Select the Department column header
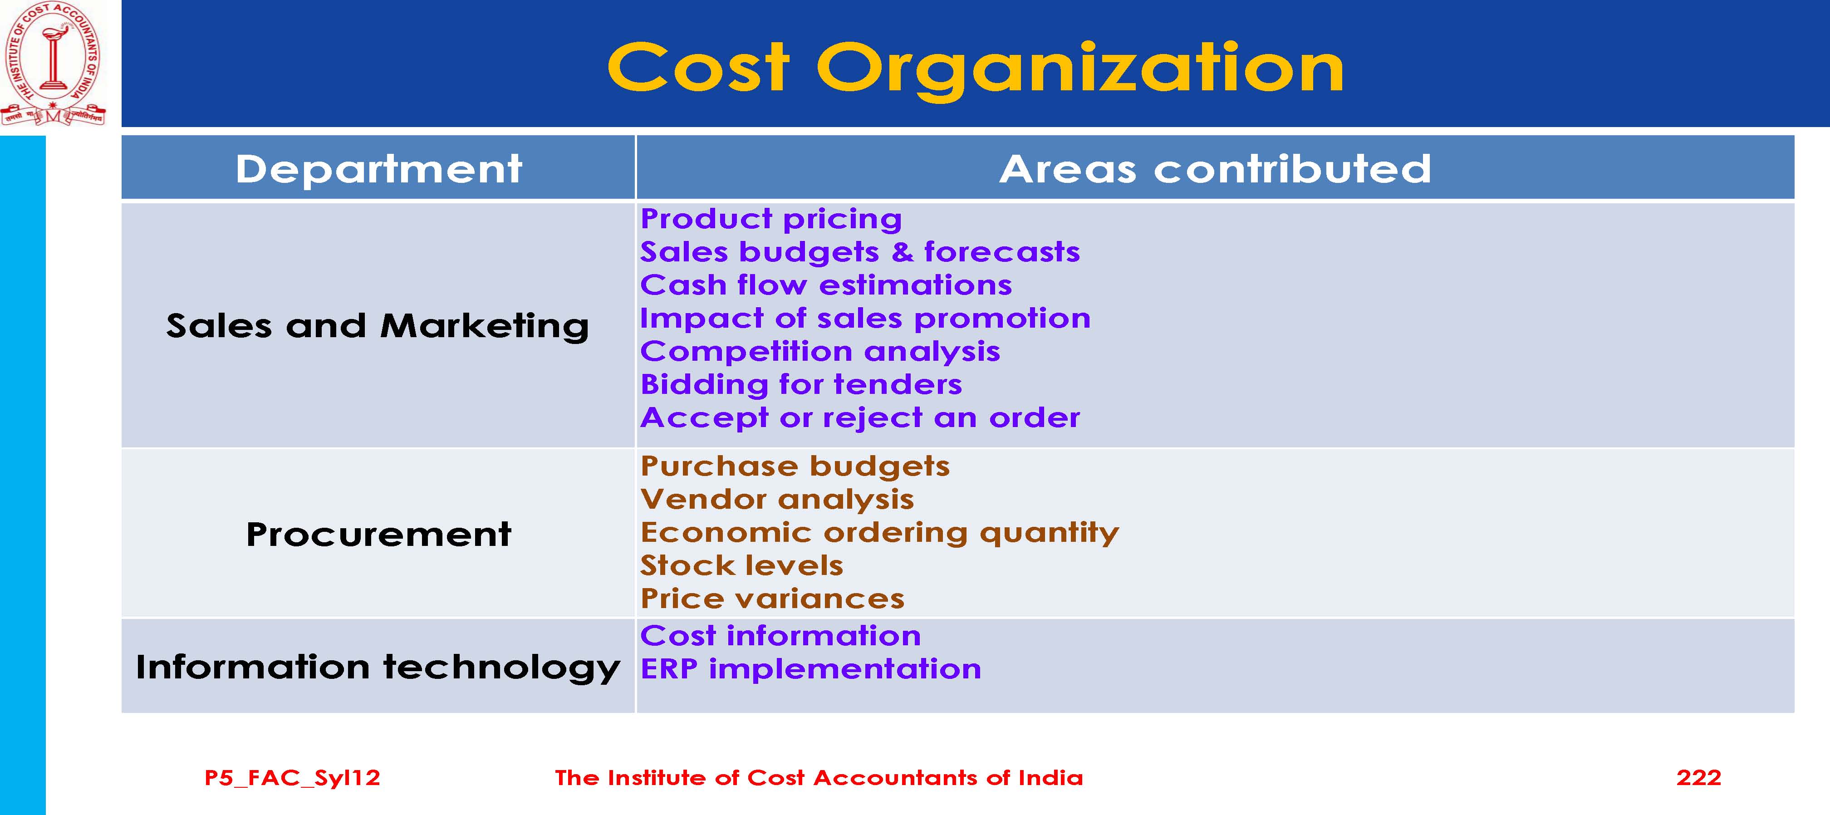pyautogui.click(x=378, y=169)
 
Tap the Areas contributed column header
pyautogui.click(x=1215, y=169)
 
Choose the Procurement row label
pyautogui.click(x=378, y=534)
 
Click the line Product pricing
pyautogui.click(x=771, y=219)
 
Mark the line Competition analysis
pyautogui.click(x=820, y=352)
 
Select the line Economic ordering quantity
pyautogui.click(x=879, y=533)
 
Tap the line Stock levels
pyautogui.click(x=741, y=565)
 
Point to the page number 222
pyautogui.click(x=1698, y=777)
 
